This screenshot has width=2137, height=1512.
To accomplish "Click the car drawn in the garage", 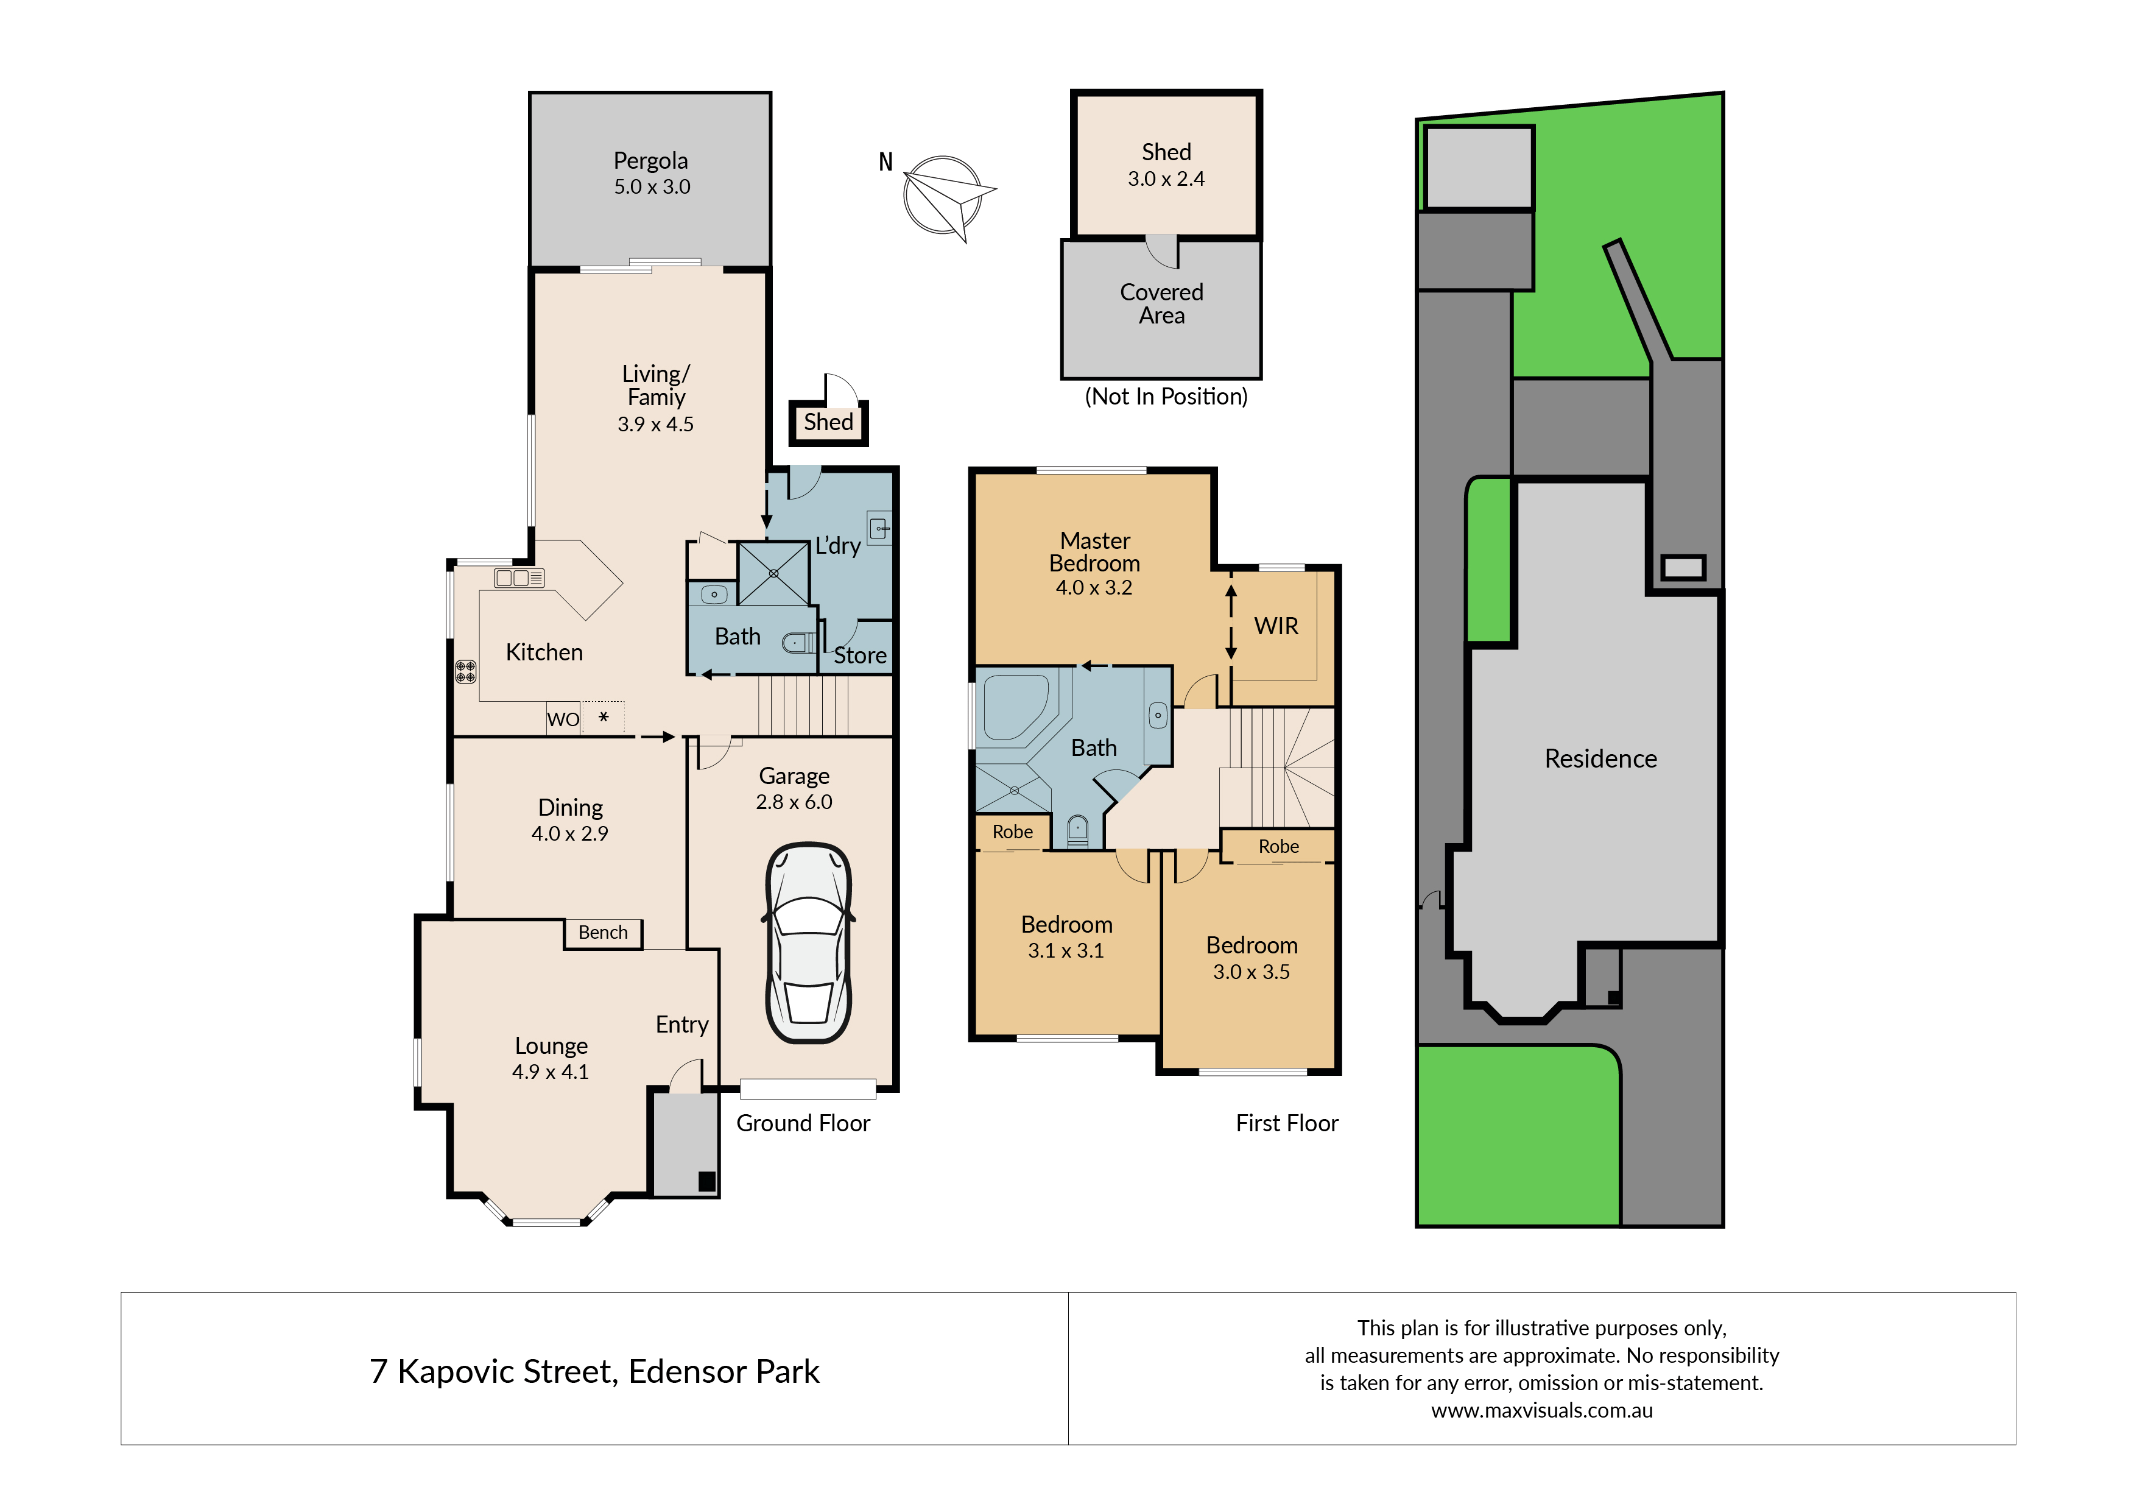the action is pos(809,943).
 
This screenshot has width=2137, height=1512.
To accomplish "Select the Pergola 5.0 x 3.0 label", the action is pos(652,173).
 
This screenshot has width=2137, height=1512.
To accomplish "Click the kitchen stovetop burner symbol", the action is pos(465,671).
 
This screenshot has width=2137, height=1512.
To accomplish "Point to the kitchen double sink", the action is pos(518,578).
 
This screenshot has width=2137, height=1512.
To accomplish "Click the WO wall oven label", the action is pos(563,719).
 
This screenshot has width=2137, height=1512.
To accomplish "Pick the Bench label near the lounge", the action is pos(603,932).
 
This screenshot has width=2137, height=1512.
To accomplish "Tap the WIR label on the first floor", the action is pos(1276,626).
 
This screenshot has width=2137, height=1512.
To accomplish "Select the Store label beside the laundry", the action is pos(860,655).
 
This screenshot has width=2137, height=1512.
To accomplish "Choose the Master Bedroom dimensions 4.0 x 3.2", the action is pos(1094,587).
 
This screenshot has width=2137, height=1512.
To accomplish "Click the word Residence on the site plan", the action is pos(1601,759).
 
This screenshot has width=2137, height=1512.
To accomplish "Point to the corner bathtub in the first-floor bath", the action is pos(1016,708).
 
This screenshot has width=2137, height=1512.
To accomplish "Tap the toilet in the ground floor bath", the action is pos(798,643).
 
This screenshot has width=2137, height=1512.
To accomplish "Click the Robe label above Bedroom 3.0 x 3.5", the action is pos(1279,846).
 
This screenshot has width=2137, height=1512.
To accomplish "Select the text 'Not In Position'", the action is pos(1166,397).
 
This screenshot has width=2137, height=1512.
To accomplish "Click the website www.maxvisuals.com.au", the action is pos(1542,1410).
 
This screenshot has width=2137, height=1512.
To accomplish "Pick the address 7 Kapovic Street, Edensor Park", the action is pos(595,1371).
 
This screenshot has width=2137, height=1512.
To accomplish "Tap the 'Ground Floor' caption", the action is pos(803,1123).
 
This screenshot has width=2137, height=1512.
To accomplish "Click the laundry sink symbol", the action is pos(879,528).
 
